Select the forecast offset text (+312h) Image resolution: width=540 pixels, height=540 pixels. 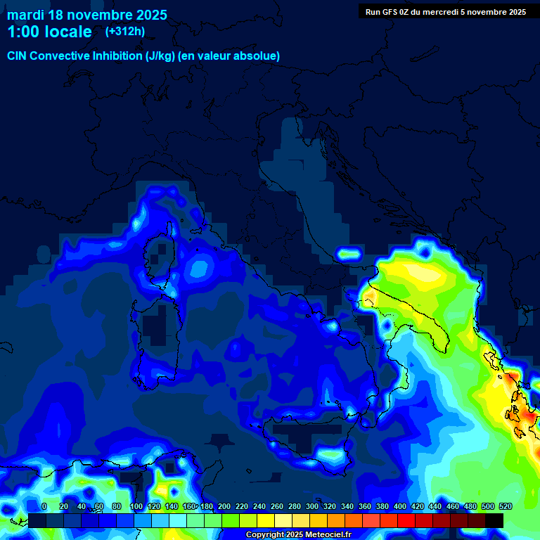(124, 32)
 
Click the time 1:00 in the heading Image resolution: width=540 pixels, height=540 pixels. (23, 32)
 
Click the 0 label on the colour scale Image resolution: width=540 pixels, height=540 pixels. (44, 506)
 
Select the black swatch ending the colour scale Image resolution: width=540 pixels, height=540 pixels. (494, 520)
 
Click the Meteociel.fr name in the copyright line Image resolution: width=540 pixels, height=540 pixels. (329, 535)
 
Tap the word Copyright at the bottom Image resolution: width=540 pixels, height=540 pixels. (266, 535)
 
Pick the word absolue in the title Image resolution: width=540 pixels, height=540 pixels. (257, 56)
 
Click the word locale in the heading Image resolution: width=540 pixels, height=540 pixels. (69, 32)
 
